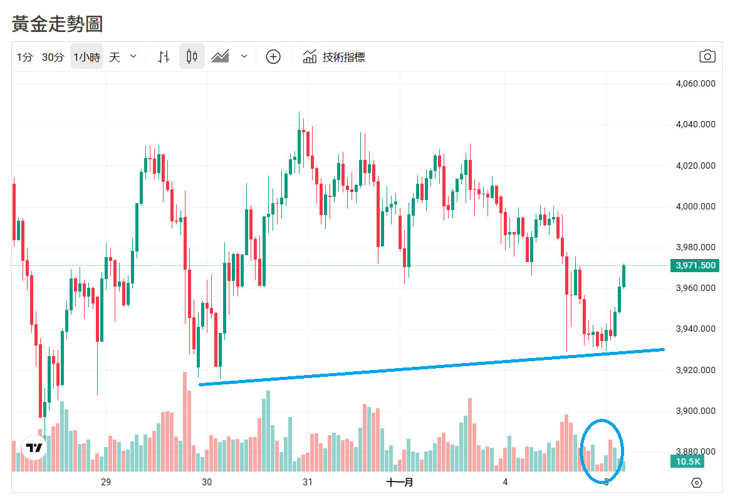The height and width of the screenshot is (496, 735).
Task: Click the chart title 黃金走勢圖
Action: point(57,24)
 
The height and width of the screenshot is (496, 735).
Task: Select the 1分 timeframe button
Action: point(24,57)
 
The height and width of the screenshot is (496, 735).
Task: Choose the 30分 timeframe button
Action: point(53,57)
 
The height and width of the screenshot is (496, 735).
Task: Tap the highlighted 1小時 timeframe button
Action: point(86,57)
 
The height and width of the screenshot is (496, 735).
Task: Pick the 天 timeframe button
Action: point(114,57)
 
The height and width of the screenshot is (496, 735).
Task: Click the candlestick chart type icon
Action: point(192,57)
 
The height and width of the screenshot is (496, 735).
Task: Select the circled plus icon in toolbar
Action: point(273,57)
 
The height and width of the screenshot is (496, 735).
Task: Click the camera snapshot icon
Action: point(707,56)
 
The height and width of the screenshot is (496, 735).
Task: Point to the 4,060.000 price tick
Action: point(695,84)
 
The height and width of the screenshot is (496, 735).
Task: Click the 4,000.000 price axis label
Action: point(695,206)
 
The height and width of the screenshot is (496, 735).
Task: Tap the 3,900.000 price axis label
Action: point(695,411)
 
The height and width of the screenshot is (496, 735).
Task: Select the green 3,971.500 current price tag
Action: point(695,265)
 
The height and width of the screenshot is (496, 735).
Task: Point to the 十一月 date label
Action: point(400,482)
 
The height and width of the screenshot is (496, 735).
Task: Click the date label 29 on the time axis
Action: point(106,482)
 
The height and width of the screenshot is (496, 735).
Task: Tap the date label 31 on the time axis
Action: point(308,482)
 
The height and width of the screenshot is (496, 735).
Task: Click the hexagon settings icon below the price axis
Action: point(697,482)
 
